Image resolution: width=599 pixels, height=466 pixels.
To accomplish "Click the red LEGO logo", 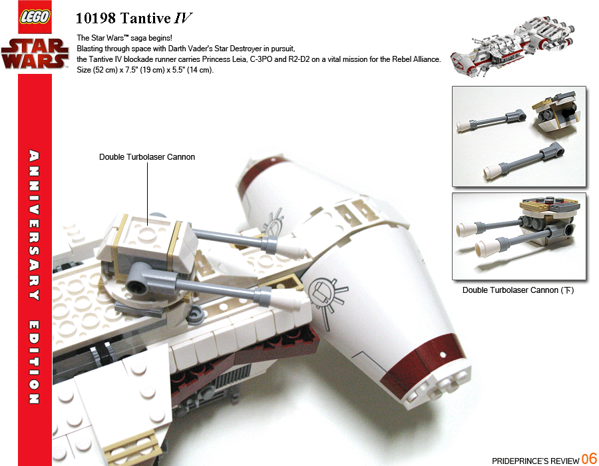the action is (35, 17).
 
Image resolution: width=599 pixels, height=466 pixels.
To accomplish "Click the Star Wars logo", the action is (35, 53).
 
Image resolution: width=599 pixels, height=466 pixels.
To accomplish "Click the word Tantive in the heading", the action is (146, 19).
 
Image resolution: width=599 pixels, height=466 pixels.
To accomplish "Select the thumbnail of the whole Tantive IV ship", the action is (512, 46).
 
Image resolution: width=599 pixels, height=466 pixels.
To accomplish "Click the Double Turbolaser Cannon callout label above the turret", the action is (147, 157).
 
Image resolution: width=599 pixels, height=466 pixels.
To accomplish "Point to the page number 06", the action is (589, 459).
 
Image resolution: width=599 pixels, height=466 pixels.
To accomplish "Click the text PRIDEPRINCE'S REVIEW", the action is (536, 461).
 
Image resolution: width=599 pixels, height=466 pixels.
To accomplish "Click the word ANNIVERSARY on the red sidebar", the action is (35, 225).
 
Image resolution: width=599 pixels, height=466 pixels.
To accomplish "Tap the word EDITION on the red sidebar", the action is (35, 362).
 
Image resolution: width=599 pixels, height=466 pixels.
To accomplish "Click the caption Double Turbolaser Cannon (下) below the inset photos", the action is (518, 290).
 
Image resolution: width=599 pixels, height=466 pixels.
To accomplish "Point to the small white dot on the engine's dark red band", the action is (443, 355).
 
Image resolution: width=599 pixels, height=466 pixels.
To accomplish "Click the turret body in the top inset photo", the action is (556, 112).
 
